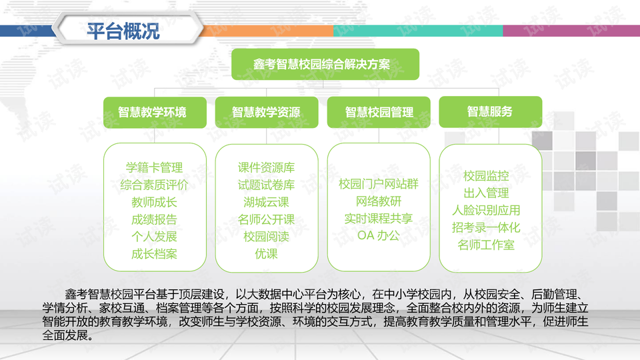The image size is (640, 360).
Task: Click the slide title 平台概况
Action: [x=123, y=31]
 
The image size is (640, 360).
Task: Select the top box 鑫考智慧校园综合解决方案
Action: [x=325, y=64]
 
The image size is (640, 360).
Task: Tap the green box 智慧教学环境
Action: [x=155, y=112]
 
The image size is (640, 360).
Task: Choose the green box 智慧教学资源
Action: [x=267, y=112]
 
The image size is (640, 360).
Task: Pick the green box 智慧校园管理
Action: [x=379, y=112]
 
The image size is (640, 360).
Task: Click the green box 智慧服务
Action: [x=490, y=112]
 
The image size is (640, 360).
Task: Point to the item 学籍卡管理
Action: [x=154, y=167]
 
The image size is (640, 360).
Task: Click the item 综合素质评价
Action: [x=154, y=185]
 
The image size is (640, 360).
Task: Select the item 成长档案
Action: [x=154, y=254]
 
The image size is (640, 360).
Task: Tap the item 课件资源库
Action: [x=266, y=167]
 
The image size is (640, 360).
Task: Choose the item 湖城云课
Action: [x=266, y=202]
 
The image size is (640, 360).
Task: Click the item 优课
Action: [x=266, y=254]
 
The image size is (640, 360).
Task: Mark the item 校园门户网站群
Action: [x=379, y=184]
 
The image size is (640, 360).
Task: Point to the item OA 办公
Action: [x=379, y=235]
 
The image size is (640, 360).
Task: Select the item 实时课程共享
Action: [x=379, y=219]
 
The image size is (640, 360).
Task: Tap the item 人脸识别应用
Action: [x=486, y=210]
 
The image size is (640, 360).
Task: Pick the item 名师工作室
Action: [x=486, y=245]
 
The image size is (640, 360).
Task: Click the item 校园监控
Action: [x=486, y=176]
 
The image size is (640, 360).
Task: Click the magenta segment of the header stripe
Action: [x=571, y=31]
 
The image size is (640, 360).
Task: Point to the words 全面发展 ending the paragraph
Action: [x=65, y=335]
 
